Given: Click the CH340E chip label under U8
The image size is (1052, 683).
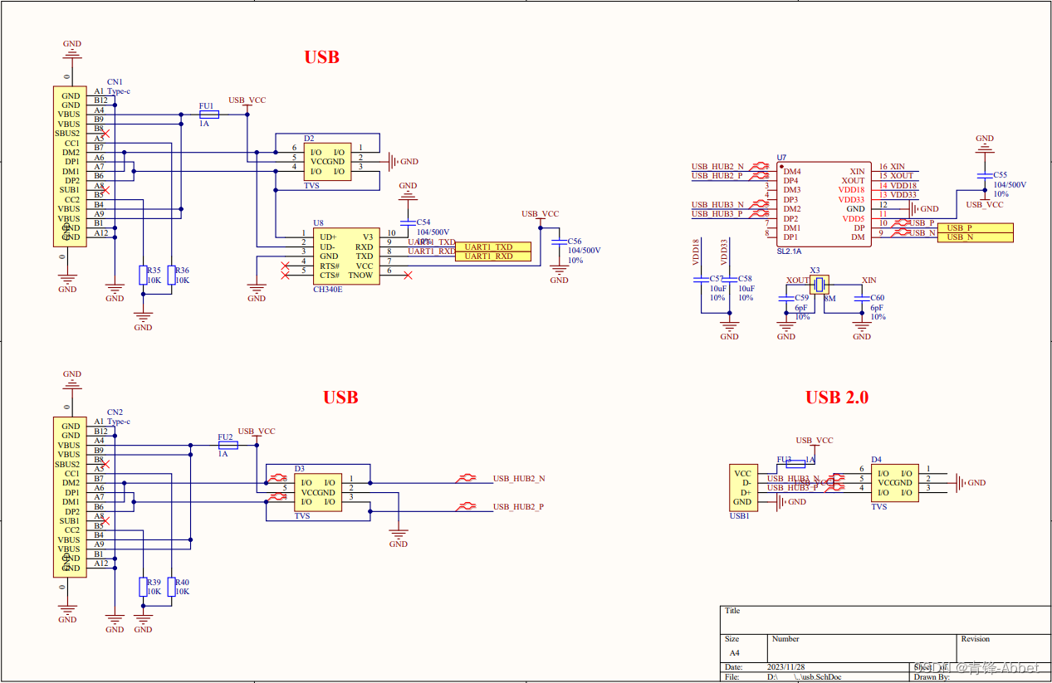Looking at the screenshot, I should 328,290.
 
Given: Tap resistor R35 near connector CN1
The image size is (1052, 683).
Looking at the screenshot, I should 144,276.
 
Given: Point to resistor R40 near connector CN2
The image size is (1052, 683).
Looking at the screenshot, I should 172,587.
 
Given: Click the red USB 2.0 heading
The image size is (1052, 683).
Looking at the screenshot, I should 836,398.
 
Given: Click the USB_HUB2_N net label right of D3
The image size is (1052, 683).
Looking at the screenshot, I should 519,479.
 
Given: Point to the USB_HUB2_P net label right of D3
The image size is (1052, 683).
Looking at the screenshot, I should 519,506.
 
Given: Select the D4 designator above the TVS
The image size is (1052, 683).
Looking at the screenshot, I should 876,459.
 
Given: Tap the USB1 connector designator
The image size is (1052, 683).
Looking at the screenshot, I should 739,515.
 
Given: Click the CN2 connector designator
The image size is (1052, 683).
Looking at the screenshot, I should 115,412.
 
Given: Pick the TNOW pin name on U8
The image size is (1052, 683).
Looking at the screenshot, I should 360,275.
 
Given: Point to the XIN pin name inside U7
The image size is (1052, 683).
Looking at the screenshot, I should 857,171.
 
